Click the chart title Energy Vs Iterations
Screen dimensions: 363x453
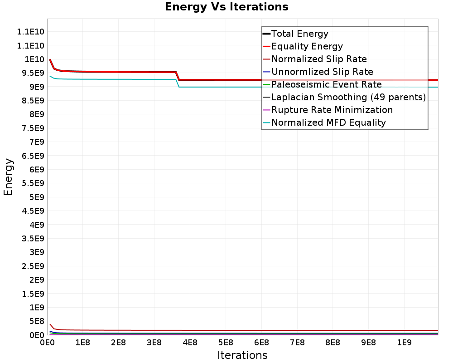(226, 7)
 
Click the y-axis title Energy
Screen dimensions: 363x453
(8, 177)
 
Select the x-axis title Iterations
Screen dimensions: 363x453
(242, 355)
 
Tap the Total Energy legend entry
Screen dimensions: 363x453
(299, 34)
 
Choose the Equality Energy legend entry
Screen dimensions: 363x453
(307, 46)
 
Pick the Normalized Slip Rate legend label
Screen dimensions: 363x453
(319, 59)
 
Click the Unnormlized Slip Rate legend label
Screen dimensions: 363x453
(322, 72)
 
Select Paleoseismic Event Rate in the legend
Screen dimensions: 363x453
(326, 84)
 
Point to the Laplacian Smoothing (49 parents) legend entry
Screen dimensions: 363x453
(348, 97)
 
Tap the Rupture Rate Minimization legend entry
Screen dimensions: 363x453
(332, 110)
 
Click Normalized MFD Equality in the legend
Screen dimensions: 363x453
(328, 123)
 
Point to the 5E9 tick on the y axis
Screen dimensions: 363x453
(34, 197)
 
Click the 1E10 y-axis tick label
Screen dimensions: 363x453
(33, 59)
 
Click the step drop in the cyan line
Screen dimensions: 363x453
(178, 83)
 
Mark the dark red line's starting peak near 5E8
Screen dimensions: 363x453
(50, 324)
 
